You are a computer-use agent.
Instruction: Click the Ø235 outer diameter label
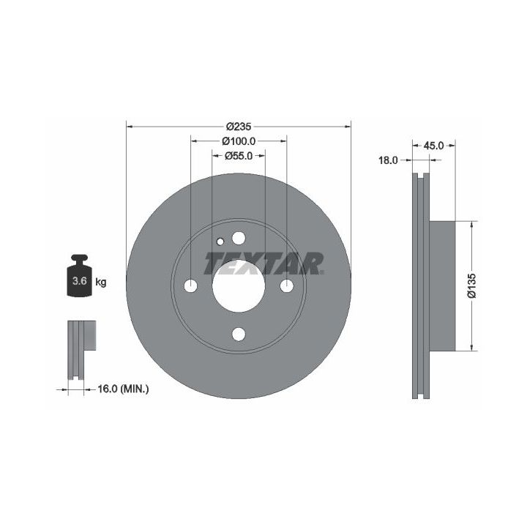point(239,127)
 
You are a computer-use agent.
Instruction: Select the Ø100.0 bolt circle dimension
point(239,141)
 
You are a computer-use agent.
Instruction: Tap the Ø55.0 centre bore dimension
point(239,156)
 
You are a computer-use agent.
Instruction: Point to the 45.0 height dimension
point(433,146)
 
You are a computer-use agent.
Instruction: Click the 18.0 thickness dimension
point(388,160)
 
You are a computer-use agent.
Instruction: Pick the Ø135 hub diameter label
point(472,285)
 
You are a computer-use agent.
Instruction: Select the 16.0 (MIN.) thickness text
point(123,389)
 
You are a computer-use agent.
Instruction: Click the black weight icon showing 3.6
point(80,276)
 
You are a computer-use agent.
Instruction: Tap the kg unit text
point(101,282)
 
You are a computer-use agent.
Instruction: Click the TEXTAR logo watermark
point(263,263)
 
